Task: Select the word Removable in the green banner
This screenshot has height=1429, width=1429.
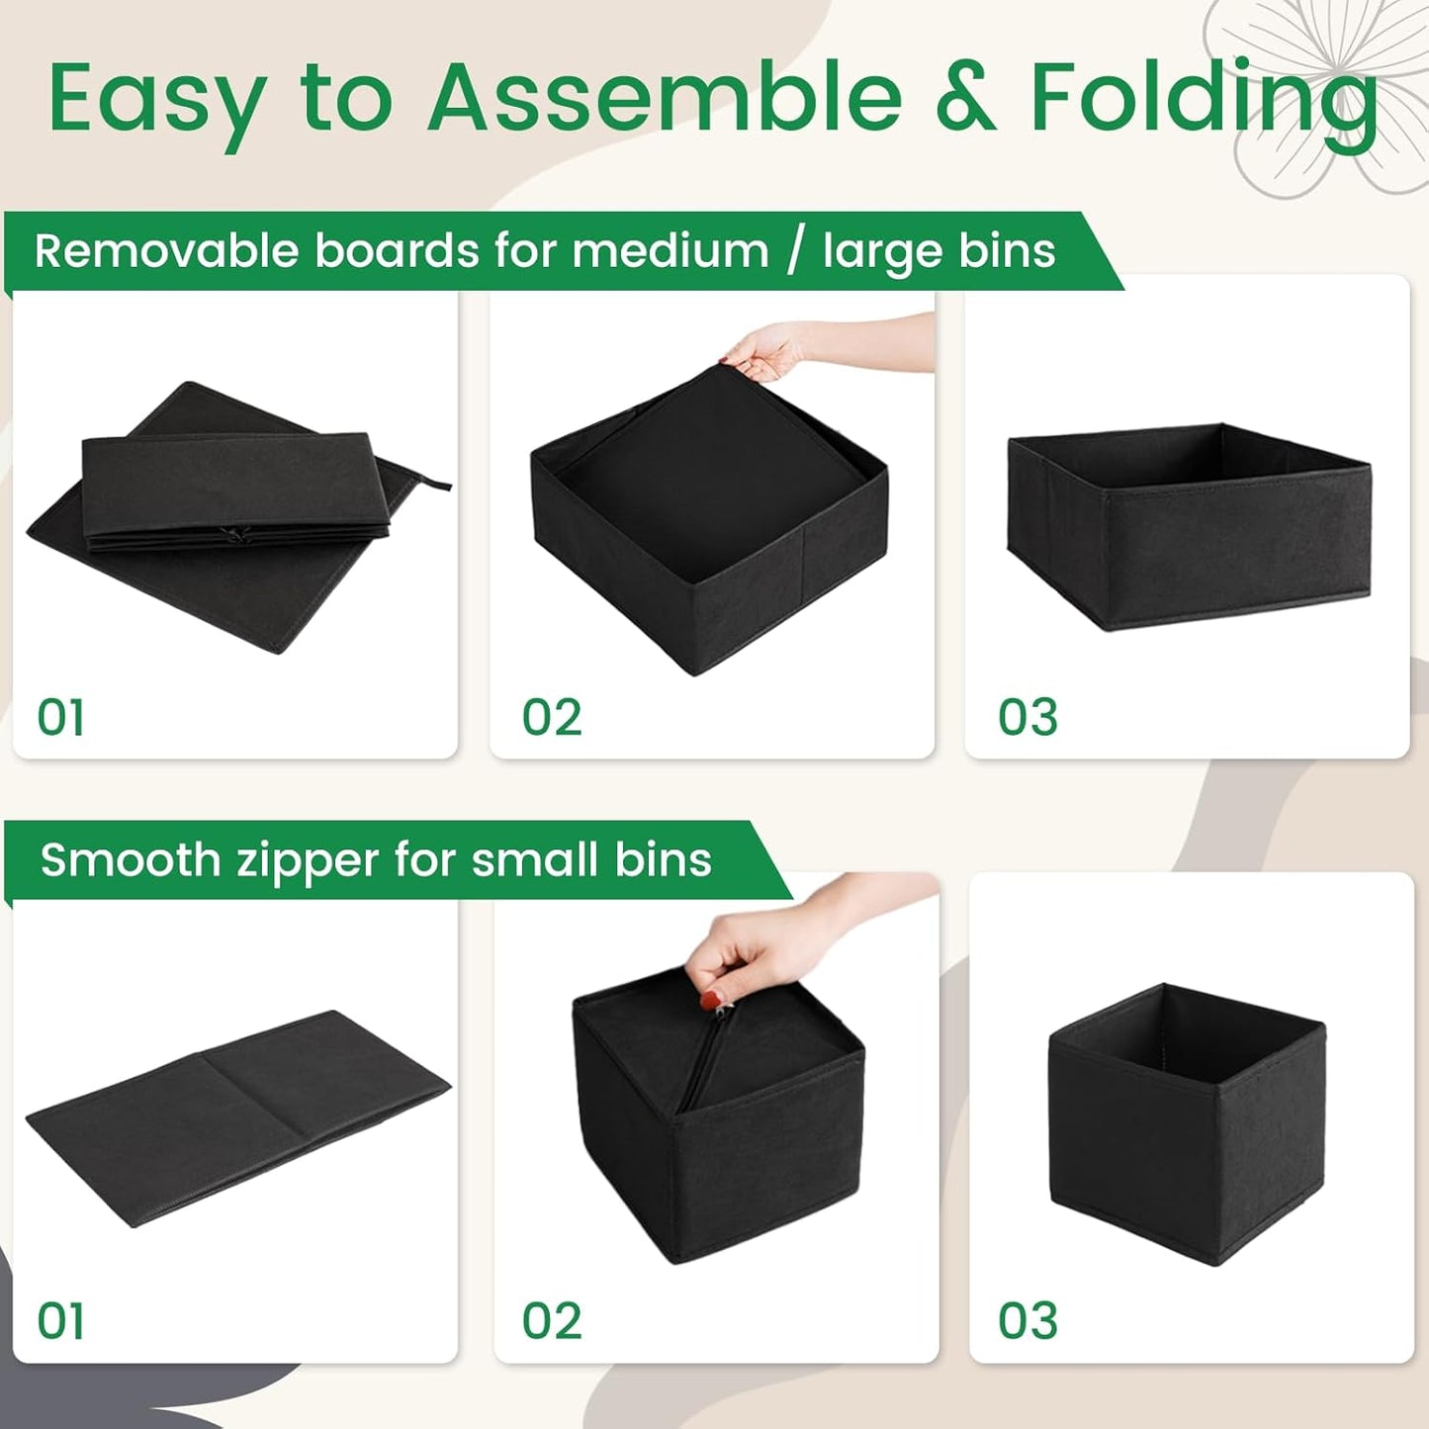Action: tap(166, 251)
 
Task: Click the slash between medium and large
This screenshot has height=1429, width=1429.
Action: tap(795, 251)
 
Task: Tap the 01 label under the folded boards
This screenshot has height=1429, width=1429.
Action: tap(61, 718)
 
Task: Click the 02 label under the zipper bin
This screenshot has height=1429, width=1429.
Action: tap(552, 1321)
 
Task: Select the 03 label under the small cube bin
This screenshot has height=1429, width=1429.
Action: tap(1027, 1321)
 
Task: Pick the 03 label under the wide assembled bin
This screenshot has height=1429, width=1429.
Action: tap(1027, 718)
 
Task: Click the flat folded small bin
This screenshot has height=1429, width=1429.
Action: tap(237, 1117)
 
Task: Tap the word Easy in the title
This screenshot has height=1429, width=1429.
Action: tap(156, 99)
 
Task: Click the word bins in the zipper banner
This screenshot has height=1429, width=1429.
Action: tap(663, 860)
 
